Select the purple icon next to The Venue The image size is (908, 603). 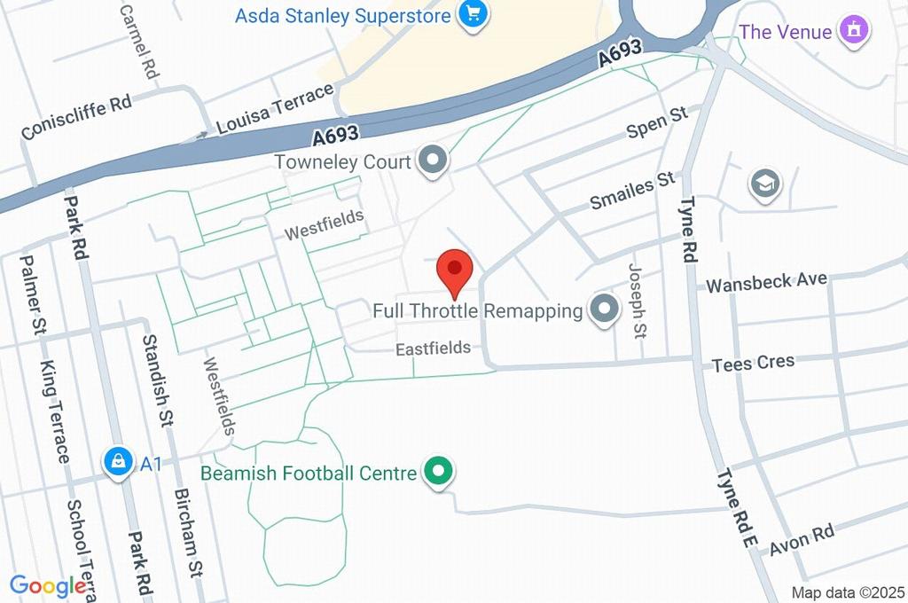pos(855,31)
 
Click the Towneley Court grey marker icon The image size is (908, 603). pos(434,161)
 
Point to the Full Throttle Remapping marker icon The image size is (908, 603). pos(605,310)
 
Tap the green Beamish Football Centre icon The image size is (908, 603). pos(436,472)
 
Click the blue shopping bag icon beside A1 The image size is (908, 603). pos(117,461)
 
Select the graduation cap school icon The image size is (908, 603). pos(763,184)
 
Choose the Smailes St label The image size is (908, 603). pos(633,194)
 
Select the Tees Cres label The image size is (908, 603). pos(754,364)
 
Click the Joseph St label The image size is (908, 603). pos(637,301)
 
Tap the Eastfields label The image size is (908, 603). pos(433,348)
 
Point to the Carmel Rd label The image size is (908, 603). pos(137,41)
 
